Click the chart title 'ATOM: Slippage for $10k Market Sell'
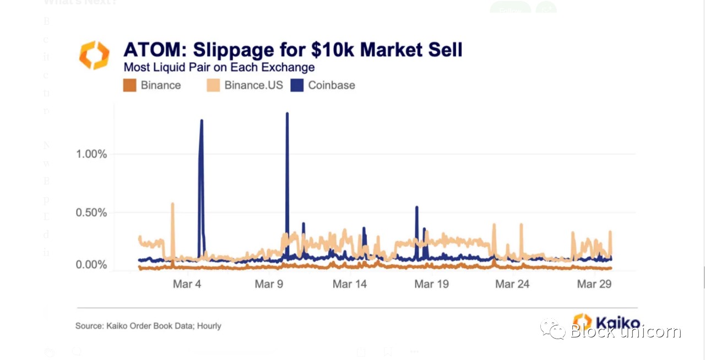pyautogui.click(x=292, y=50)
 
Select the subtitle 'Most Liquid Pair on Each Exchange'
pyautogui.click(x=219, y=68)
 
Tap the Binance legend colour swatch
pyautogui.click(x=129, y=85)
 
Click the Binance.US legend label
pyautogui.click(x=253, y=85)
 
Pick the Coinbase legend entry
pyautogui.click(x=331, y=85)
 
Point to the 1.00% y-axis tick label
pyautogui.click(x=91, y=154)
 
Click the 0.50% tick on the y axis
pyautogui.click(x=91, y=212)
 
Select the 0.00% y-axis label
pyautogui.click(x=91, y=265)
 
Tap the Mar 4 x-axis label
pyautogui.click(x=187, y=284)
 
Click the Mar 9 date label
pyautogui.click(x=268, y=284)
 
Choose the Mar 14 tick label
pyautogui.click(x=350, y=284)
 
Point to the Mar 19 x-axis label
pyautogui.click(x=431, y=284)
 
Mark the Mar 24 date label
pyautogui.click(x=512, y=284)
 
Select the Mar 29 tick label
pyautogui.click(x=594, y=284)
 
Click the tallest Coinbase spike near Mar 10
pyautogui.click(x=287, y=114)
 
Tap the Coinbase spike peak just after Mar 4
pyautogui.click(x=202, y=121)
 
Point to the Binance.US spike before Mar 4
pyautogui.click(x=172, y=204)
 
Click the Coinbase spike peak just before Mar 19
pyautogui.click(x=417, y=208)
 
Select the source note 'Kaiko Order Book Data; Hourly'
pyautogui.click(x=148, y=326)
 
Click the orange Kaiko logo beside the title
pyautogui.click(x=94, y=55)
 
